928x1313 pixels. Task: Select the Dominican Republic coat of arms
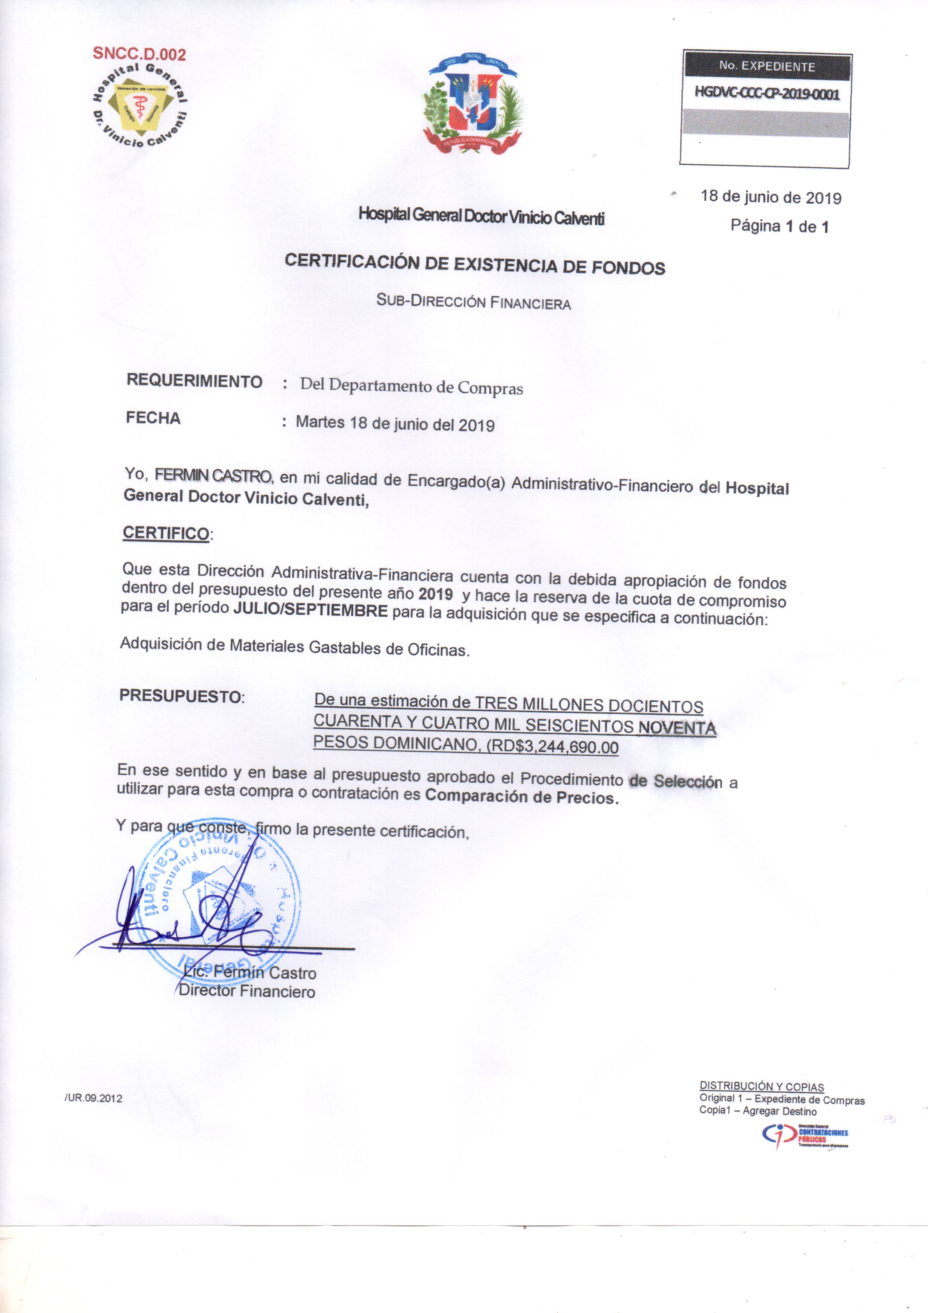point(473,106)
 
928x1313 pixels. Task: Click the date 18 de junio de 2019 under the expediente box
point(771,198)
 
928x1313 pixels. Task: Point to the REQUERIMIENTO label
point(195,381)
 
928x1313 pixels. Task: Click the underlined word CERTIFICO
point(166,533)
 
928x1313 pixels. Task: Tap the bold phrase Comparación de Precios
point(521,797)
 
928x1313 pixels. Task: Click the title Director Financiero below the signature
point(246,991)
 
